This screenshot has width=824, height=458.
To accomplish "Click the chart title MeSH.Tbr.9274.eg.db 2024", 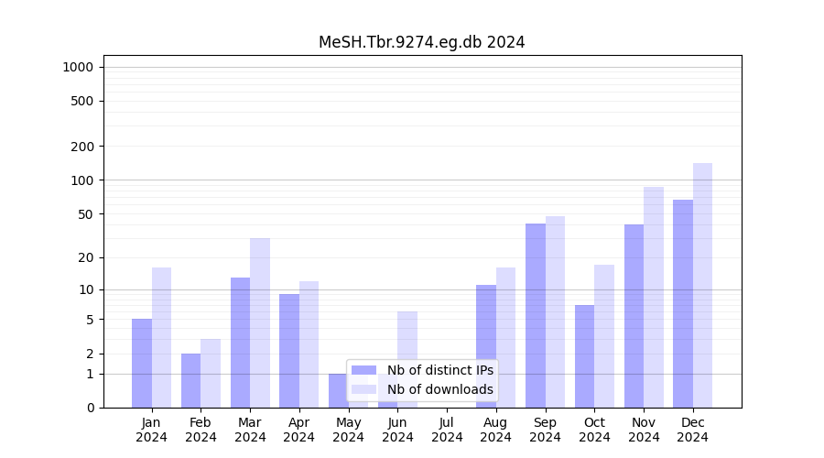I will click(421, 42).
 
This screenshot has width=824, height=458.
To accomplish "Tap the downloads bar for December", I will click(702, 285).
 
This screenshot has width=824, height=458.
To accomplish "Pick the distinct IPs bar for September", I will click(536, 315).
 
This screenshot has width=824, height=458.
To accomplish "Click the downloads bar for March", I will click(260, 322).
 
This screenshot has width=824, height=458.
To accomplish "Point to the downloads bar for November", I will click(654, 297).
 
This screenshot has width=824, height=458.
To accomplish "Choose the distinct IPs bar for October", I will click(585, 356).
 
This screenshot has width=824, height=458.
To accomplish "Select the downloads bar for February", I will click(211, 373).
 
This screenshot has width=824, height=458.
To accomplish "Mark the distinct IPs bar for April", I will click(289, 351).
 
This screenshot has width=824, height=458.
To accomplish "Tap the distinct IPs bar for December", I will click(683, 303).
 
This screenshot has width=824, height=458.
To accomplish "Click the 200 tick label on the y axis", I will click(82, 147).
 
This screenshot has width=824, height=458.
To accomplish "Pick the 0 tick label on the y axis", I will click(90, 408).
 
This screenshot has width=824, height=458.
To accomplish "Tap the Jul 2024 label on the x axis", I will click(447, 430).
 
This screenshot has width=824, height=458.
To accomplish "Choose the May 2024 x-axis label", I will click(349, 430).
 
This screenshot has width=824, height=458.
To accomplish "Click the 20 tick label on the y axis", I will click(86, 257).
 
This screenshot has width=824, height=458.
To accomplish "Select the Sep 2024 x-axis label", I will click(545, 430).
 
